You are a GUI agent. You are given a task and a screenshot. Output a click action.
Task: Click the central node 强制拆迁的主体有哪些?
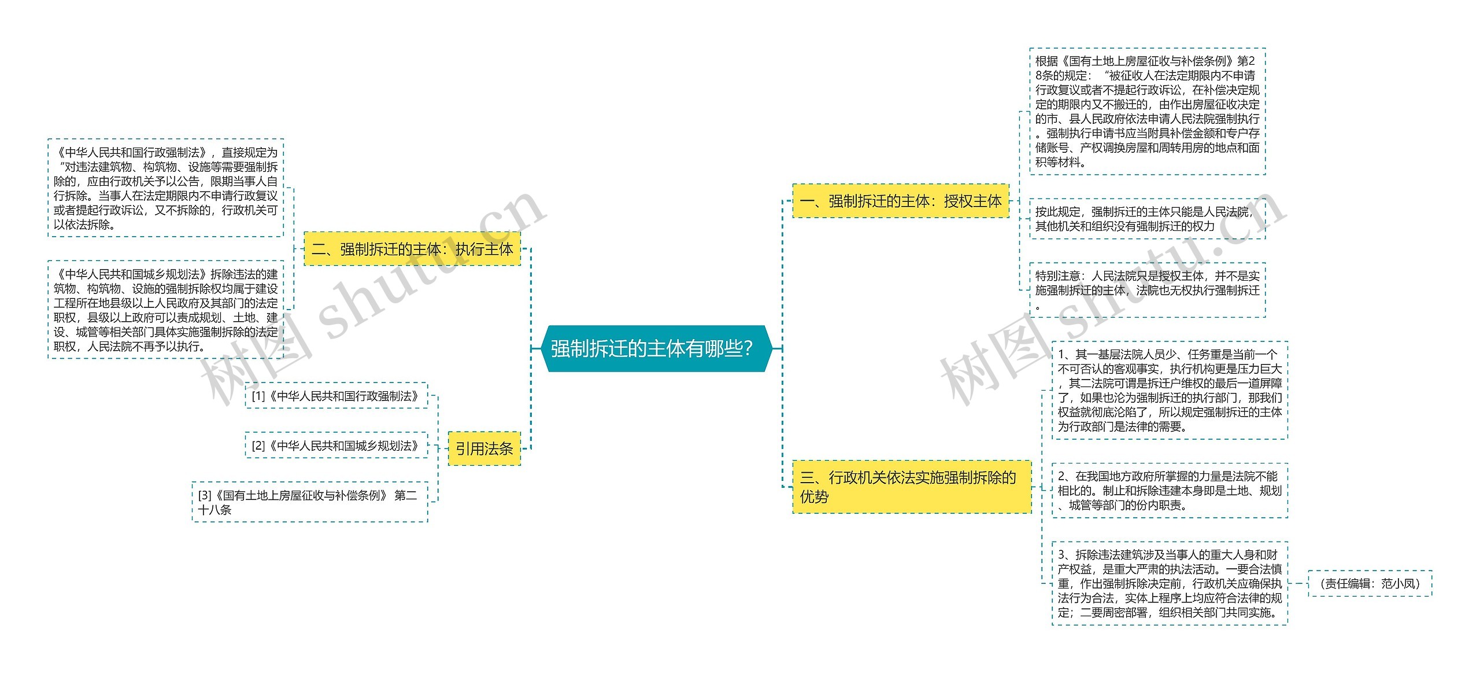(x=653, y=348)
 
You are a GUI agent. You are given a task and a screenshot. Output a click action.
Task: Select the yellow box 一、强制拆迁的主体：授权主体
(x=901, y=201)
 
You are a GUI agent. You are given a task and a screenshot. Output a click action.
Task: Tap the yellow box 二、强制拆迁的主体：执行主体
(x=412, y=249)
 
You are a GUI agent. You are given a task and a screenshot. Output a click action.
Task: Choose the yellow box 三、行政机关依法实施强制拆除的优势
(x=911, y=487)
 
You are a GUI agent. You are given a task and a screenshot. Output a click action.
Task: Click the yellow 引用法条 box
(x=484, y=448)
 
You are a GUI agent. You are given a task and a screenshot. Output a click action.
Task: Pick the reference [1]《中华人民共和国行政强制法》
(x=336, y=396)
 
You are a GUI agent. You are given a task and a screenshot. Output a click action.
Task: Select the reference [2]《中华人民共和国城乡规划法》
(x=336, y=446)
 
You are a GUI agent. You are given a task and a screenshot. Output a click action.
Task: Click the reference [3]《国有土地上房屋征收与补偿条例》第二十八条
(x=310, y=502)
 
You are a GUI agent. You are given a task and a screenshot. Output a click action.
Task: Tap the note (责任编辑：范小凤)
(x=1370, y=583)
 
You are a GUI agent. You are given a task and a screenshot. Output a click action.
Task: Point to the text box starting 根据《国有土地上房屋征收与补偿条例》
(x=1147, y=111)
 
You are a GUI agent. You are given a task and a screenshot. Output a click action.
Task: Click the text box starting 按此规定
(x=1147, y=219)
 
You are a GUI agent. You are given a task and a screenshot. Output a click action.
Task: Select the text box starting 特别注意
(x=1147, y=289)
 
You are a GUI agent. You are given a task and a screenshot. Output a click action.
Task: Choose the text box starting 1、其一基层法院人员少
(x=1170, y=390)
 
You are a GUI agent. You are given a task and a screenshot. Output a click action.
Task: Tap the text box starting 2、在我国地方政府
(x=1170, y=490)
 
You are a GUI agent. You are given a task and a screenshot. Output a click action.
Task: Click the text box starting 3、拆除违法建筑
(x=1170, y=583)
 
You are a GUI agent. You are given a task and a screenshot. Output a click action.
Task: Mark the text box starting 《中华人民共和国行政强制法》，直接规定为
(x=166, y=188)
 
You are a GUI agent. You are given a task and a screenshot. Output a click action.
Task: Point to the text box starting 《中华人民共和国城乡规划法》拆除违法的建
(x=166, y=310)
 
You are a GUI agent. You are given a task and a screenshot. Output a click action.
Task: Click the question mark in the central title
(x=749, y=348)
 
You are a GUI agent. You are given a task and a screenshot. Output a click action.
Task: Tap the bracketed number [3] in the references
(x=205, y=495)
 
